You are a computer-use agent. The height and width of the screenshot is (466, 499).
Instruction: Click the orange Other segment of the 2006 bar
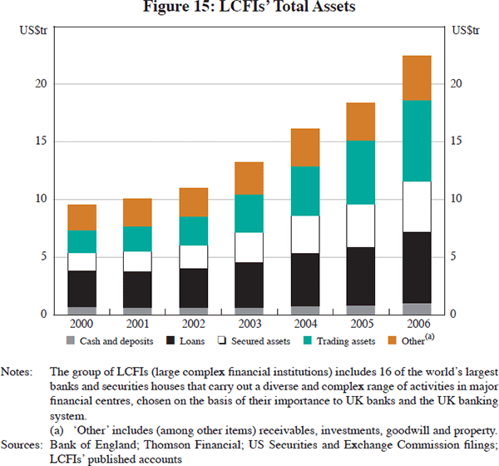pyautogui.click(x=417, y=78)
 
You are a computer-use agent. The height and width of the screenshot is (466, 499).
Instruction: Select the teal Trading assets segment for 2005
pyautogui.click(x=361, y=172)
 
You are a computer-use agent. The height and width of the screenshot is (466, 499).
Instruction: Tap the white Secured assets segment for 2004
pyautogui.click(x=304, y=234)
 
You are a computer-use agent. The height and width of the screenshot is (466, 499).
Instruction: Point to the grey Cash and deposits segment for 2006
pyautogui.click(x=417, y=309)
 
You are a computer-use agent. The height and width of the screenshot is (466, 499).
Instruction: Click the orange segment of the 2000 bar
pyautogui.click(x=82, y=217)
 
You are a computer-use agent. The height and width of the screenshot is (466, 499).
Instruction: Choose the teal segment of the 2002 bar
pyautogui.click(x=193, y=231)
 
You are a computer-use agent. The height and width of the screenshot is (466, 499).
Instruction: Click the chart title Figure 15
pyautogui.click(x=249, y=11)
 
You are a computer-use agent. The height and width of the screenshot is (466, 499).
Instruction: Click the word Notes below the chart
pyautogui.click(x=19, y=370)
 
